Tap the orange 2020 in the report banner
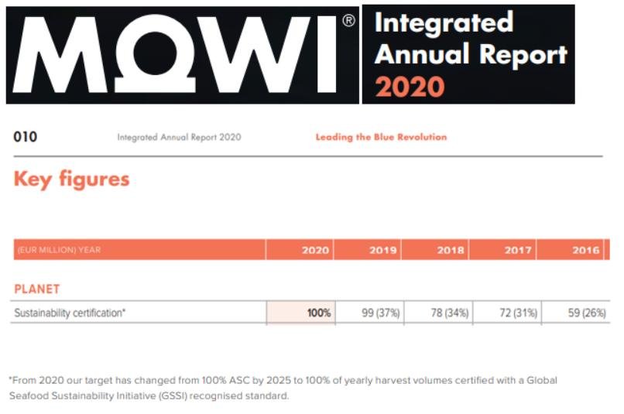pos(410,85)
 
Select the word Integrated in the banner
pos(444,22)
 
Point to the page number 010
pos(26,137)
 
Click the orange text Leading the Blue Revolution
pos(381,137)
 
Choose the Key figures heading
pos(71,180)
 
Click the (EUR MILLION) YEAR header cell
pos(57,250)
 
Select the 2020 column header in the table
pos(316,250)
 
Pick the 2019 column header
pos(383,250)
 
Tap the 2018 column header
pos(451,250)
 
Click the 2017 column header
pos(518,250)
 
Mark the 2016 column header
pos(585,250)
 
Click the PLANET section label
pos(37,289)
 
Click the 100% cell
pos(318,313)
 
